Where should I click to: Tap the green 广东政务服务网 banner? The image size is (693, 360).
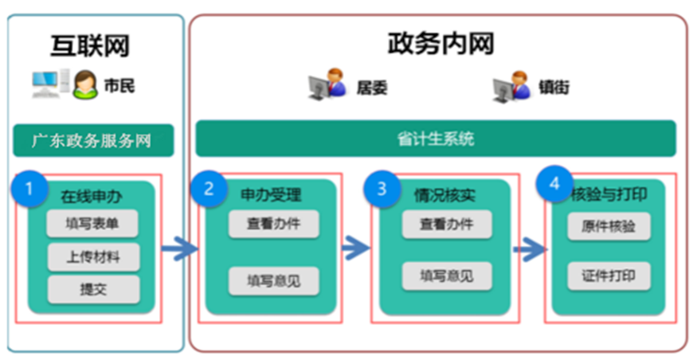[92, 142]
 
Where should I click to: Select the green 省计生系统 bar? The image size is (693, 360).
[435, 139]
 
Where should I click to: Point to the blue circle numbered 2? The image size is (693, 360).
[209, 189]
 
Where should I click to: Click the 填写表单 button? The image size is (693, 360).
[92, 224]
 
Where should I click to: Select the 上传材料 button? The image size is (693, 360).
[92, 256]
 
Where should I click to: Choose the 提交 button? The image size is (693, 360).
[92, 288]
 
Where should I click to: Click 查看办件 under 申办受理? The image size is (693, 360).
[274, 224]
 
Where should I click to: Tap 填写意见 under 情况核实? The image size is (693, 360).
[447, 276]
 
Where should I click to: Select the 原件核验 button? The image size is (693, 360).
[609, 227]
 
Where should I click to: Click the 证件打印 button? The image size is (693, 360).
[609, 276]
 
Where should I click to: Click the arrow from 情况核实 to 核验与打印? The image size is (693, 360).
[529, 250]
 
